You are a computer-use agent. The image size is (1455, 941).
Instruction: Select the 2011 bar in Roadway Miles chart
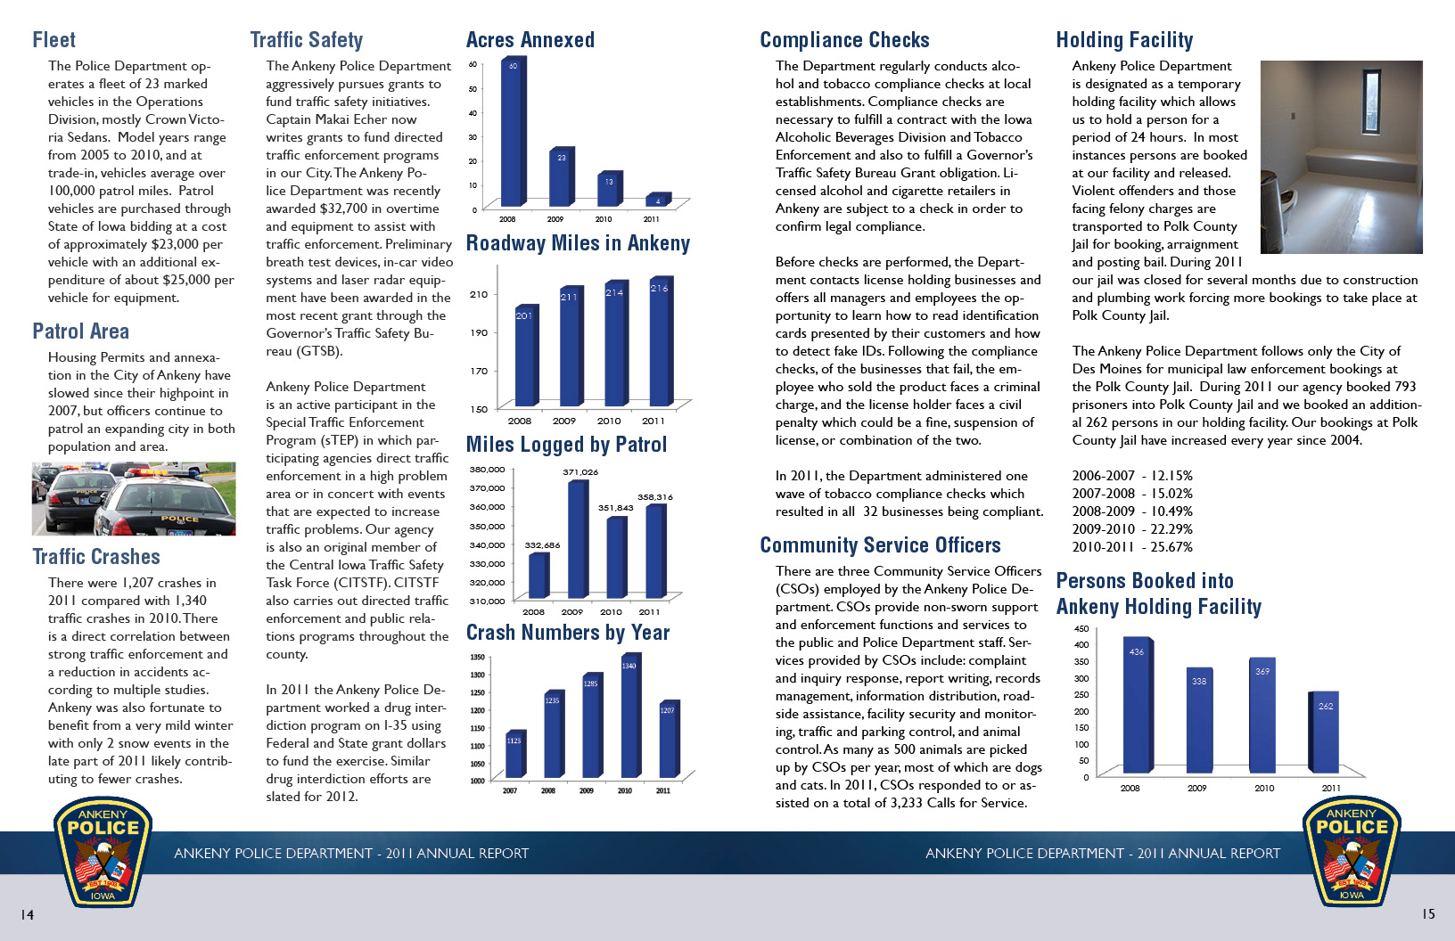pos(660,343)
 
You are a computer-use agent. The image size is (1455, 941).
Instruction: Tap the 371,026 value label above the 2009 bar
pos(580,472)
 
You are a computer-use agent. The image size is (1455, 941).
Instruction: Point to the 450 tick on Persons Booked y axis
pos(1081,628)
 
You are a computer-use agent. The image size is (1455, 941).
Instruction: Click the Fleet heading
pos(53,40)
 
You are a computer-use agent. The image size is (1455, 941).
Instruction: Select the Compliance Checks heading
pos(844,40)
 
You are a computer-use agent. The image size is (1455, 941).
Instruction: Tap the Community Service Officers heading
pos(880,545)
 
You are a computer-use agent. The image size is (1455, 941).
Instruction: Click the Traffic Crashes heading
pos(96,557)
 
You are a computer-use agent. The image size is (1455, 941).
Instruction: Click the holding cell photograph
pos(1341,157)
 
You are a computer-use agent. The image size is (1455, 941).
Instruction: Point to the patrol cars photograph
pos(134,499)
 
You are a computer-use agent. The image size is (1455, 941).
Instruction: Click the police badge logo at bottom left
pos(103,853)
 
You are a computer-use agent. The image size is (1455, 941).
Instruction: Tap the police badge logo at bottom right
pos(1352,853)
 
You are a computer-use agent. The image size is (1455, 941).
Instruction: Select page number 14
pos(28,915)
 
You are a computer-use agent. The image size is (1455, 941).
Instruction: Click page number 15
pos(1428,914)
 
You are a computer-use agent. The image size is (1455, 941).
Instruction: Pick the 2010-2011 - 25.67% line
pos(1132,547)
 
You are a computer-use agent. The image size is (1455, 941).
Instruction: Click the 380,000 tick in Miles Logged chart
pos(487,470)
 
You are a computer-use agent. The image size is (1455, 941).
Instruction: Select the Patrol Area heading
pos(80,331)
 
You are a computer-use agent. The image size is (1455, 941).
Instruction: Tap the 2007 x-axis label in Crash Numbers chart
pos(510,790)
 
